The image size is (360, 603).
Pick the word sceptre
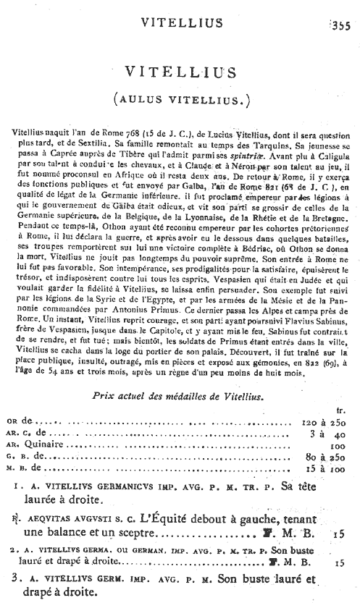pos(135,536)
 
